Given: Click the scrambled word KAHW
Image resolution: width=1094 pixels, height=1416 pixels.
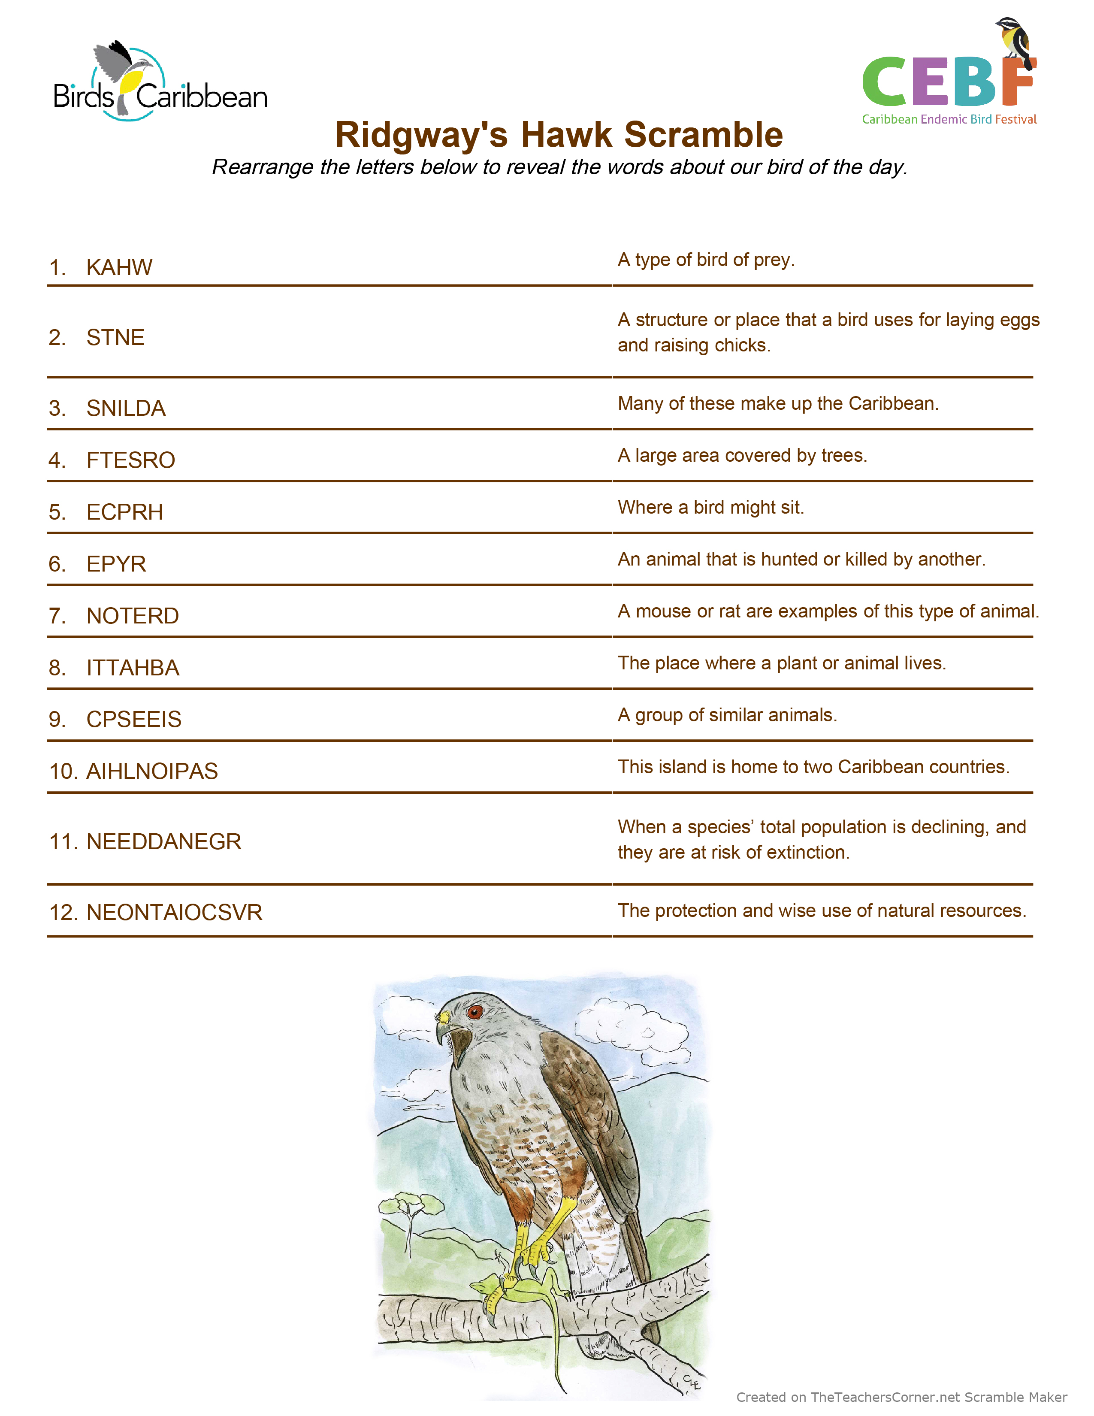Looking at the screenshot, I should [x=119, y=267].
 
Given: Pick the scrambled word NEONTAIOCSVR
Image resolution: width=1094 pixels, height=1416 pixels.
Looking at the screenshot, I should [x=174, y=912].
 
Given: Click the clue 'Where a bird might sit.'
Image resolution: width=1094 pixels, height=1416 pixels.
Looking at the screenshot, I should [x=710, y=507].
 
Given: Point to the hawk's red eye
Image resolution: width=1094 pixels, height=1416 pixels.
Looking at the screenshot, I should [x=475, y=1011].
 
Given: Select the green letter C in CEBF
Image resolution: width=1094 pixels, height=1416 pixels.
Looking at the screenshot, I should [x=885, y=81].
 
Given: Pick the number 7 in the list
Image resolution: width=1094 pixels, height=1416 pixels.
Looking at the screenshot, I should [x=57, y=615].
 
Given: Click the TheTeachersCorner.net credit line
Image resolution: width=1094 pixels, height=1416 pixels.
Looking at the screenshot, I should [x=901, y=1397].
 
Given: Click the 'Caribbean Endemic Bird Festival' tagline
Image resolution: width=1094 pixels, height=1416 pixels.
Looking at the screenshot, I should [x=949, y=119].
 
